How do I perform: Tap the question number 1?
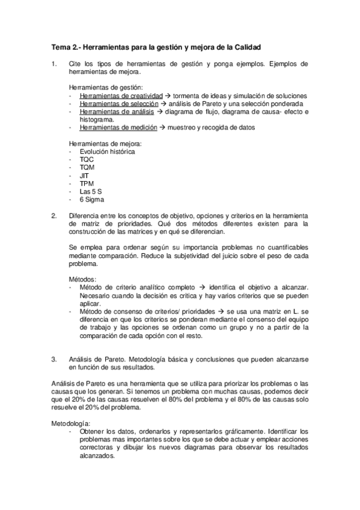tap(54, 63)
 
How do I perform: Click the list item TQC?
tap(87, 159)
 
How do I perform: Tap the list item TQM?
tap(87, 167)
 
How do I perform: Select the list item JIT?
tap(84, 176)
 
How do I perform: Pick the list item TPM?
tap(87, 183)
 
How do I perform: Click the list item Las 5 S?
tap(91, 191)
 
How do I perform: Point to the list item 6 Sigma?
tap(92, 199)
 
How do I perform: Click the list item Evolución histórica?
tap(107, 152)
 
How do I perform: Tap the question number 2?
tap(54, 215)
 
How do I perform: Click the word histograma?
tap(96, 120)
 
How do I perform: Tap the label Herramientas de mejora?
tap(106, 144)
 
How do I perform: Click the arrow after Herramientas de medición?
tap(163, 127)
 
